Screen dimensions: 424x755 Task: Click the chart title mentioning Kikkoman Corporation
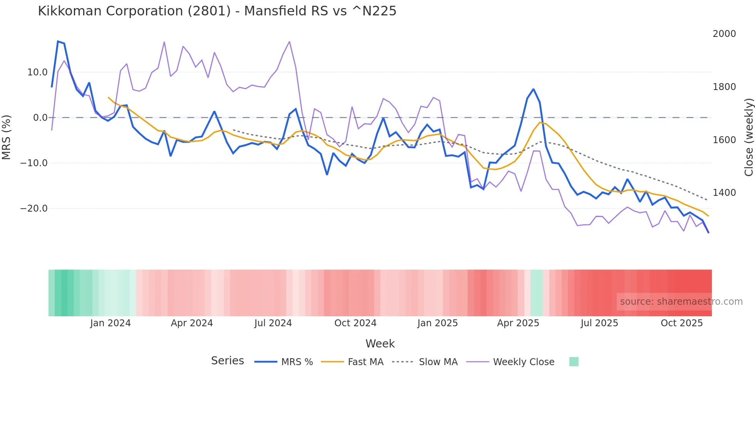(x=217, y=11)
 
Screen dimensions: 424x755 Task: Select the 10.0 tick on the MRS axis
(x=37, y=72)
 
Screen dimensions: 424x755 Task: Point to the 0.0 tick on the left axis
(x=40, y=118)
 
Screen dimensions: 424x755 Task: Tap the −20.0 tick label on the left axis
(x=34, y=209)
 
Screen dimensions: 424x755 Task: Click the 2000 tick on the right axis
(x=724, y=34)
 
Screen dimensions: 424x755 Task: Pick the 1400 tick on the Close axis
(x=724, y=193)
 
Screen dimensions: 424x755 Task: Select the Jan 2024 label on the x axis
(x=111, y=323)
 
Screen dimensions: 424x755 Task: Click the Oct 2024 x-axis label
(x=355, y=323)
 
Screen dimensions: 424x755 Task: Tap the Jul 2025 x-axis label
(x=599, y=323)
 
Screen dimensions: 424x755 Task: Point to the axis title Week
(x=380, y=344)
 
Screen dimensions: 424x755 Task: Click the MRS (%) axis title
(x=7, y=137)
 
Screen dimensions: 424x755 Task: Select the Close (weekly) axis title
(x=748, y=137)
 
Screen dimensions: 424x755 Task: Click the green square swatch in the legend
(x=574, y=362)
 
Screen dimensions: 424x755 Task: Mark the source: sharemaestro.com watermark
(x=681, y=302)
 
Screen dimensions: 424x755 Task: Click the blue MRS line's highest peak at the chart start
(x=58, y=41)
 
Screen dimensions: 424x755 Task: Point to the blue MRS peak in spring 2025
(x=534, y=89)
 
